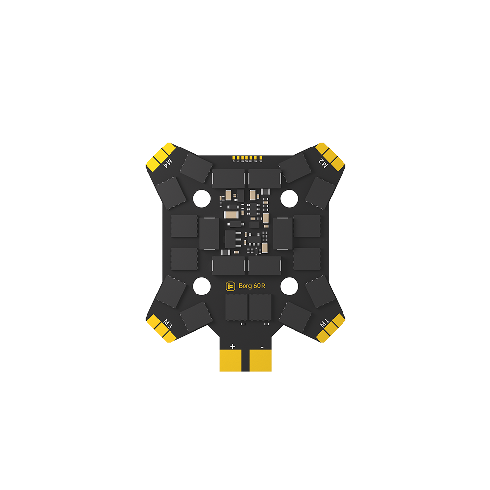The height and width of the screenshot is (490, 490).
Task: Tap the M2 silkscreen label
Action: tap(323, 163)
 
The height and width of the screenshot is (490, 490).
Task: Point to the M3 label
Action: tap(168, 324)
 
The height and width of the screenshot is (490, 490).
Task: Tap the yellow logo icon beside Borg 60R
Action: tap(230, 286)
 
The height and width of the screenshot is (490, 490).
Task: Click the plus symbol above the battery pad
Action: tap(232, 346)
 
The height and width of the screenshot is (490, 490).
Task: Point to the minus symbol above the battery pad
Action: tap(262, 346)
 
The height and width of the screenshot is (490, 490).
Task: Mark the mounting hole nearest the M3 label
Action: tap(201, 286)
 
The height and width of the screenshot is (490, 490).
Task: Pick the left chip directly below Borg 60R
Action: tap(236, 307)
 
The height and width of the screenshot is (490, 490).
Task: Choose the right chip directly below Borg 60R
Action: tap(260, 307)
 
